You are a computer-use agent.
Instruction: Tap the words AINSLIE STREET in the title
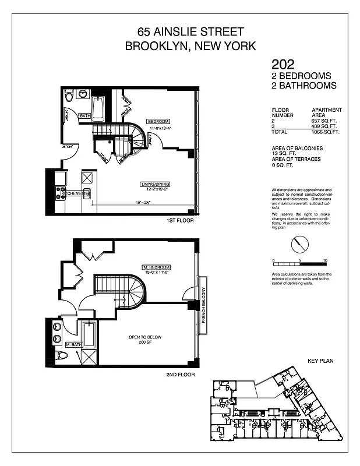tap(203, 31)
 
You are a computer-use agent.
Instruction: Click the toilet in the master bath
tap(62, 355)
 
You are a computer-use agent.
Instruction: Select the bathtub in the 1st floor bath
tap(98, 108)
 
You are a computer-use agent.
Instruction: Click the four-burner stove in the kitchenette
tap(61, 193)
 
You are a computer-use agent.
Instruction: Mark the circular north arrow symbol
tap(299, 242)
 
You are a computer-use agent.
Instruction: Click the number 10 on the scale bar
tap(324, 261)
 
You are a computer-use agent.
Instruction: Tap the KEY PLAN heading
tap(319, 361)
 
